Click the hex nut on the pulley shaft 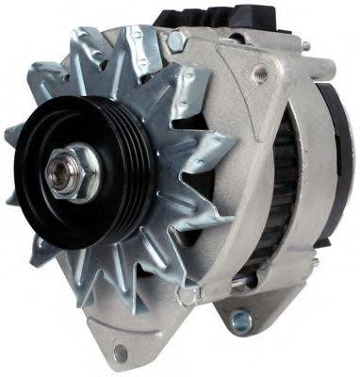pyautogui.click(x=74, y=172)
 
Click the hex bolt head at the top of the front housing pyautogui.click(x=174, y=41)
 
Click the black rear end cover pyautogui.click(x=335, y=160)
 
